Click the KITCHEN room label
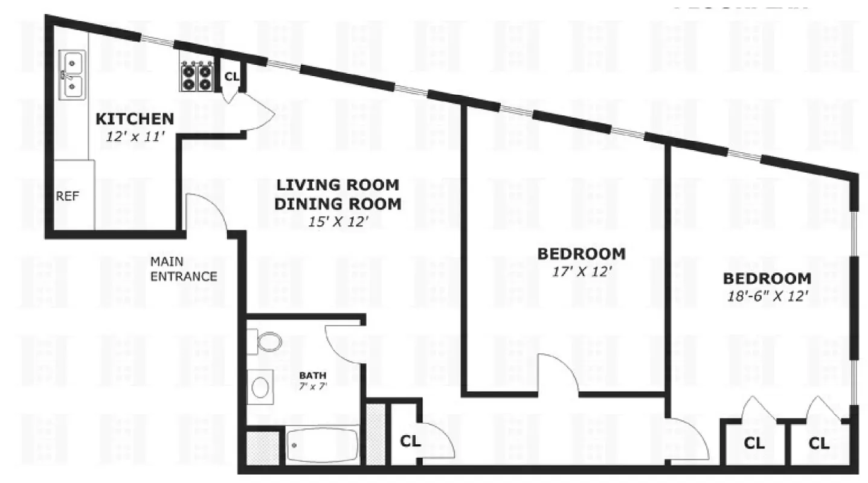coord(135,119)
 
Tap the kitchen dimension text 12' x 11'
coord(135,136)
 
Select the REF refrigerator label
coord(67,196)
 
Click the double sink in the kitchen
coord(73,75)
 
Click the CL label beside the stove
coord(232,77)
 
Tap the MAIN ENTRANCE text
coord(183,269)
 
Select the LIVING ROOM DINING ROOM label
coord(337,194)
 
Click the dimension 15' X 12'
coord(338,222)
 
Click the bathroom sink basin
coord(260,387)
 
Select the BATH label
coord(312,376)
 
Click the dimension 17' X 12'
coord(580,271)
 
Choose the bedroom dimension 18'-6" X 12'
coord(767,296)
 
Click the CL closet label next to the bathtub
coord(410,441)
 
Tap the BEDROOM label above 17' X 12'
coord(580,254)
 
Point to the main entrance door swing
coord(205,211)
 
